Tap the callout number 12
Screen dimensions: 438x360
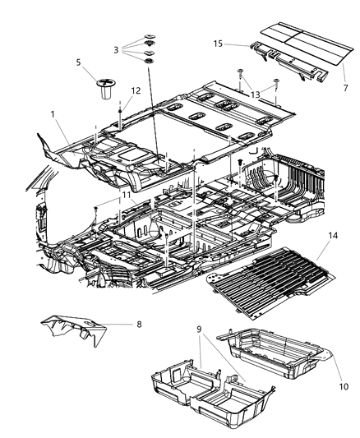[x=136, y=90]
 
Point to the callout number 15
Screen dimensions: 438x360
[x=219, y=43]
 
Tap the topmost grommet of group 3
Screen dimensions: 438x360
[x=150, y=37]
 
